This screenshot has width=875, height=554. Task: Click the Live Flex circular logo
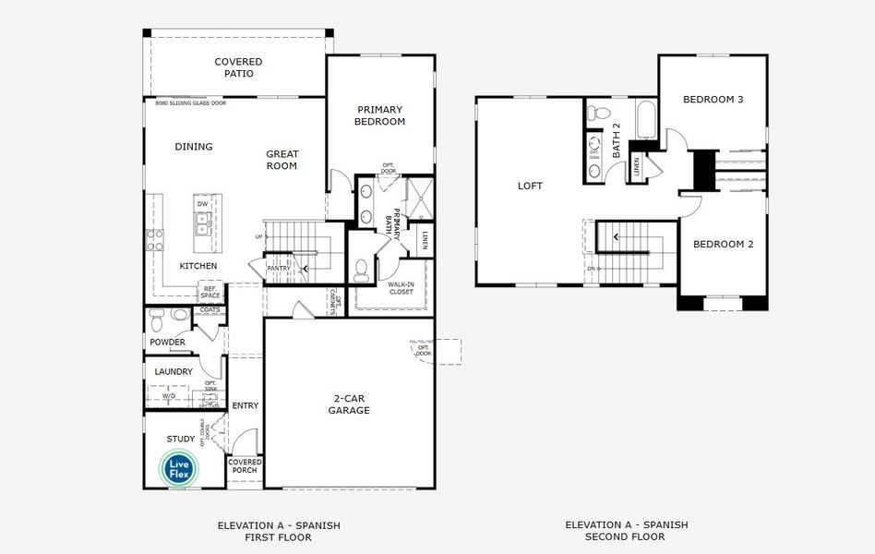pos(179,468)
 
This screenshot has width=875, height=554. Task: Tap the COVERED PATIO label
pos(238,67)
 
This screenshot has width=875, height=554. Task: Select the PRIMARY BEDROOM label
pos(379,115)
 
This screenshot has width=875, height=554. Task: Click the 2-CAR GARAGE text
pos(351,404)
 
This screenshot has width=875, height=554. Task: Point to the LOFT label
pos(530,186)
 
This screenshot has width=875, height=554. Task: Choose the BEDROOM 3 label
pos(713,99)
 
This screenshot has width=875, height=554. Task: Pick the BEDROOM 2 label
pos(724,244)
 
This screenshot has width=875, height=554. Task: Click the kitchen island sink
pos(201,223)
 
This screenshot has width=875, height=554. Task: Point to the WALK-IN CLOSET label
pos(400,290)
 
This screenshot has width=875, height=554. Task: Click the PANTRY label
pos(279,269)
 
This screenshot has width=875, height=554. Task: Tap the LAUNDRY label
pos(174,372)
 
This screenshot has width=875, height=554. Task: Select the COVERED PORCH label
pos(245,466)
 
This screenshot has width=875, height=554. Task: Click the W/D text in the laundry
pos(169,396)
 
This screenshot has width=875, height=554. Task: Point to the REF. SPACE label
pos(212,293)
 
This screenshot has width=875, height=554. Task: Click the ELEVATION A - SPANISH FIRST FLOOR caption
pos(279,531)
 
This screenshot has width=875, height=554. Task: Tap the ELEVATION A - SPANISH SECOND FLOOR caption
pos(626,531)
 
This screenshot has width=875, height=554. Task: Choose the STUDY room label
pos(180,439)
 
